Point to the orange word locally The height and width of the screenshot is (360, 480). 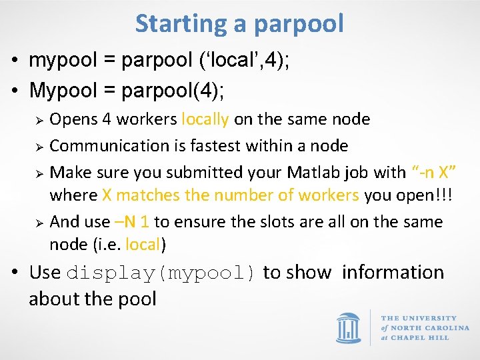click(x=205, y=119)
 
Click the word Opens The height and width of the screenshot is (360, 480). click(x=73, y=119)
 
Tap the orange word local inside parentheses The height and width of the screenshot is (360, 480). click(x=143, y=245)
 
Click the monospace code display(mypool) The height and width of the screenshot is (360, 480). click(x=161, y=273)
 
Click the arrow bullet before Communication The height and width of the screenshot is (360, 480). click(x=39, y=146)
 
